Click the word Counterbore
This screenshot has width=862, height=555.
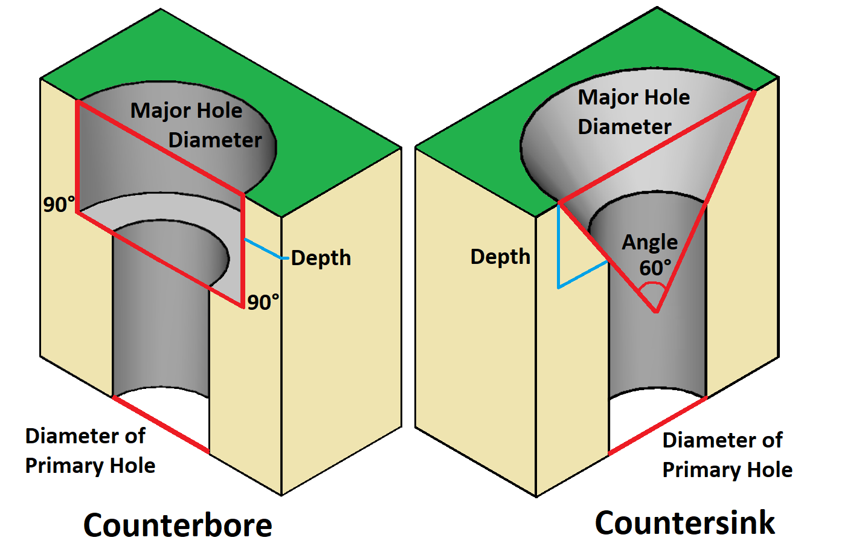tap(178, 525)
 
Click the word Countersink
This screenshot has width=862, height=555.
tap(684, 522)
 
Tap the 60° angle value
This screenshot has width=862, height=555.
tap(655, 268)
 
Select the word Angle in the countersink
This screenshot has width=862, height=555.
tap(650, 242)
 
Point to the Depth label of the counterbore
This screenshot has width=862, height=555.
tap(321, 258)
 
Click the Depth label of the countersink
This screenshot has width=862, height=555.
tap(500, 257)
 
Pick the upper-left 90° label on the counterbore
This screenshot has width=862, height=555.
tap(59, 205)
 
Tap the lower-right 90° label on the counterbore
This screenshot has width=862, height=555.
tap(263, 302)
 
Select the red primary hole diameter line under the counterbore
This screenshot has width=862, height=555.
tap(161, 425)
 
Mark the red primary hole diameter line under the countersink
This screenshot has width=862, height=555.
tap(657, 425)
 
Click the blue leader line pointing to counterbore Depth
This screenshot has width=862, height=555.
tap(263, 249)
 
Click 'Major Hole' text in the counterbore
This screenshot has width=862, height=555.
tap(186, 111)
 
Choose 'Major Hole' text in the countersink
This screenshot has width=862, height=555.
tap(634, 97)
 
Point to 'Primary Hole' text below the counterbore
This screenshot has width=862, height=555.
tap(90, 466)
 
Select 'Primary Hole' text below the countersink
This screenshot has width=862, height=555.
tap(727, 470)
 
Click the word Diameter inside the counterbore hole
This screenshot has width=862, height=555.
tap(214, 140)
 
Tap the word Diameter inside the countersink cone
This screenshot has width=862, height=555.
tap(625, 127)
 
